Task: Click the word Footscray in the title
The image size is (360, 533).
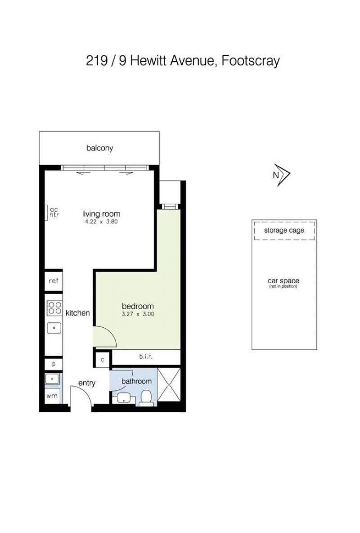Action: [251, 61]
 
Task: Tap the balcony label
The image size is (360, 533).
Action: [99, 148]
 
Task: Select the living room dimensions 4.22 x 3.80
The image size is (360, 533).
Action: [101, 221]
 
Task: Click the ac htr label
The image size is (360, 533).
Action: [54, 212]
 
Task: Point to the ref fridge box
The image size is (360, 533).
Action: [54, 281]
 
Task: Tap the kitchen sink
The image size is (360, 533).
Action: [54, 328]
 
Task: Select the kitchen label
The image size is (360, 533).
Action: [77, 313]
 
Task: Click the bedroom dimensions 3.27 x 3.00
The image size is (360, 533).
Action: [138, 314]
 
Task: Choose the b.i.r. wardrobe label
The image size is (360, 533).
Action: [146, 357]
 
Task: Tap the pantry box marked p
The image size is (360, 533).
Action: [54, 364]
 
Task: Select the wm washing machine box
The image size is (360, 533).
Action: [52, 396]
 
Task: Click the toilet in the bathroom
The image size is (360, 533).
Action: [146, 398]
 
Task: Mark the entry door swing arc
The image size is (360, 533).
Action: [84, 389]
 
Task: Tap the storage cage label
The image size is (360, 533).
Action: [284, 230]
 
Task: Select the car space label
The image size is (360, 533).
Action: [283, 281]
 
